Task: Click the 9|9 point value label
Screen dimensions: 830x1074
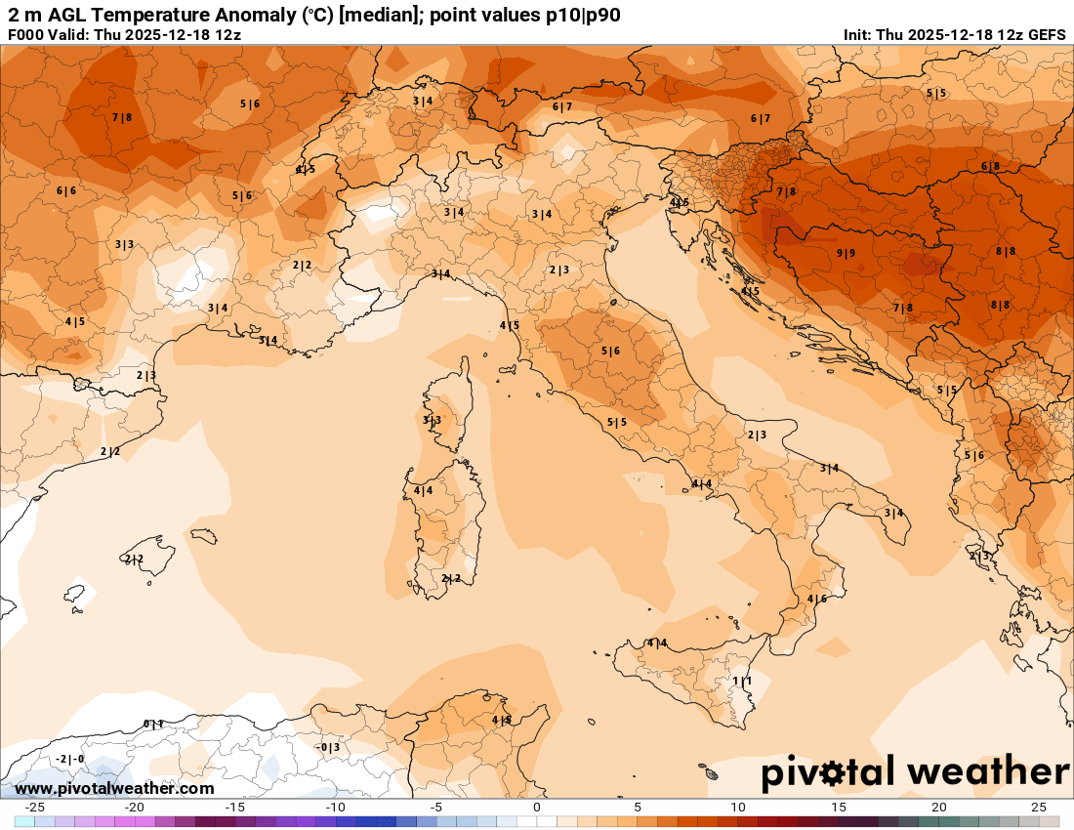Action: click(x=846, y=253)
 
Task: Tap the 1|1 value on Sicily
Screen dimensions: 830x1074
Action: click(x=742, y=681)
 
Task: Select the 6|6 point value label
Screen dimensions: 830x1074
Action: click(x=65, y=190)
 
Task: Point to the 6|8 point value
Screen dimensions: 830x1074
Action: click(x=990, y=166)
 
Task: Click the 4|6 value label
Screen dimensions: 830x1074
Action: click(x=816, y=599)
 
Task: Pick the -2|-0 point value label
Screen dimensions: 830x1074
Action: click(x=69, y=759)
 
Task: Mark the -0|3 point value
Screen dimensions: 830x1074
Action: click(x=327, y=747)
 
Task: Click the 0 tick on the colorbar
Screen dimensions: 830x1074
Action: click(x=537, y=808)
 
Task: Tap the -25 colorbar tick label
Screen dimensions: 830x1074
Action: click(x=34, y=808)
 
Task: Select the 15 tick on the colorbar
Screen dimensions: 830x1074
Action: click(x=838, y=808)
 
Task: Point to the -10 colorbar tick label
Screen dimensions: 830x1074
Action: click(x=335, y=808)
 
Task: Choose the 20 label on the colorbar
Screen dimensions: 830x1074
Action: click(x=938, y=808)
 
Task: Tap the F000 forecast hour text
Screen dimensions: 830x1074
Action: click(x=26, y=34)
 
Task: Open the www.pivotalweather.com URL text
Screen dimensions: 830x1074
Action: click(x=114, y=788)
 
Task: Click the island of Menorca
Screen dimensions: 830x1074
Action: click(x=203, y=536)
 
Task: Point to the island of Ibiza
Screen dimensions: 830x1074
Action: click(x=74, y=593)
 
